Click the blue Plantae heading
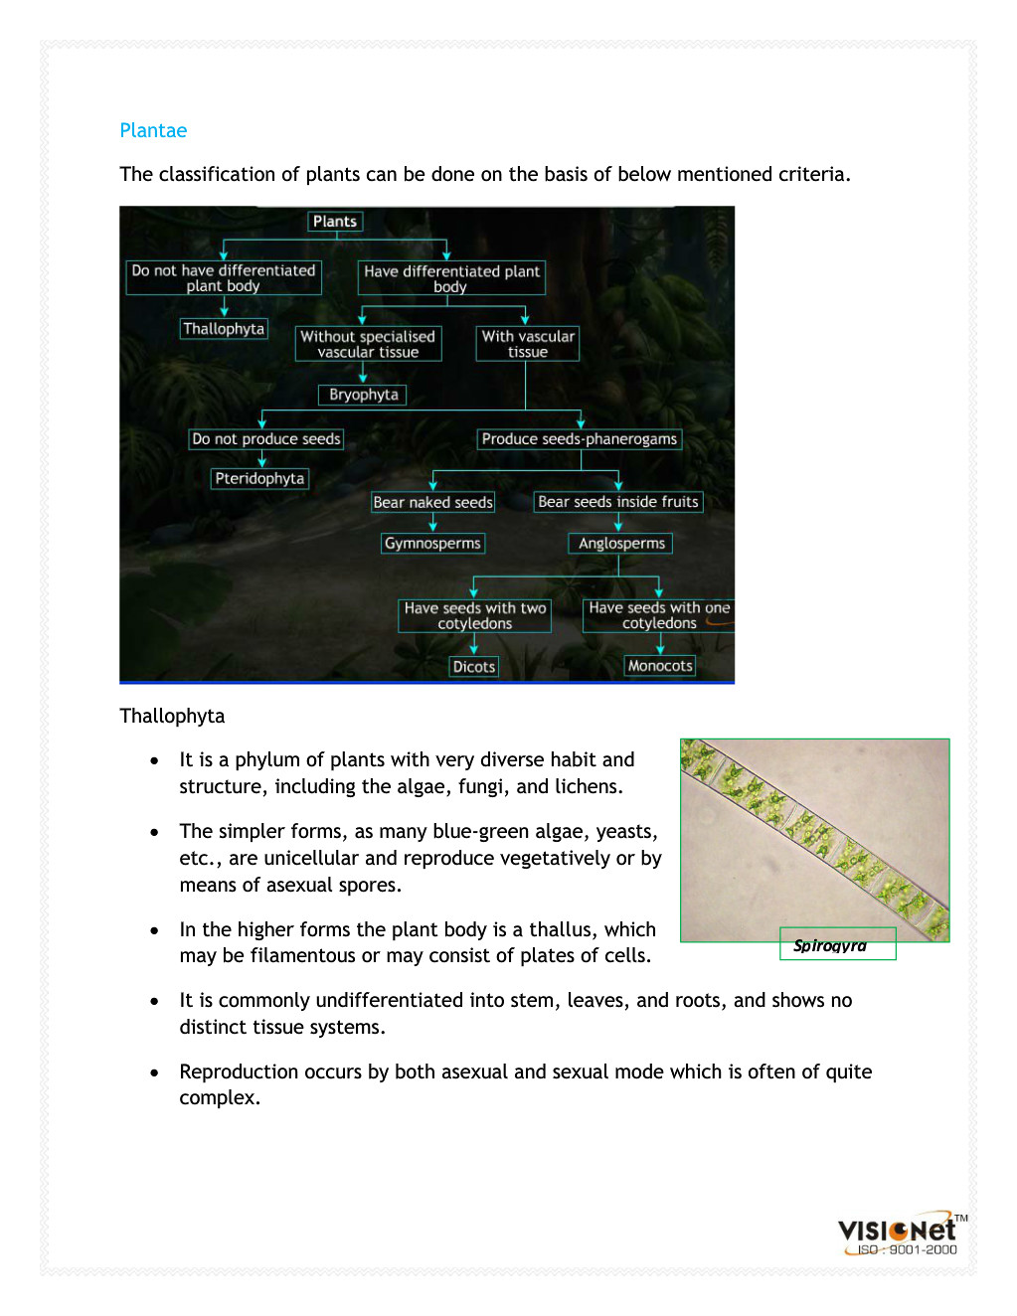coord(153,130)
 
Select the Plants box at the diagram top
coord(335,222)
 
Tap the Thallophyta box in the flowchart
coord(224,329)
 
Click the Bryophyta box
coord(363,395)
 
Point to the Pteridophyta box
coord(259,478)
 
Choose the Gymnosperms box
coord(432,543)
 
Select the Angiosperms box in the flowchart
coord(621,543)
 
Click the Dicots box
coord(473,666)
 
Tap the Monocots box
coord(660,666)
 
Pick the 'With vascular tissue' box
coord(528,344)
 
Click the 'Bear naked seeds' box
coord(432,502)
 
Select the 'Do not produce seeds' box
coord(266,438)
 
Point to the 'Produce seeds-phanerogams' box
coord(580,438)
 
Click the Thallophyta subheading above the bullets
coord(172,716)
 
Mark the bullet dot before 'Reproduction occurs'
coord(154,1072)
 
